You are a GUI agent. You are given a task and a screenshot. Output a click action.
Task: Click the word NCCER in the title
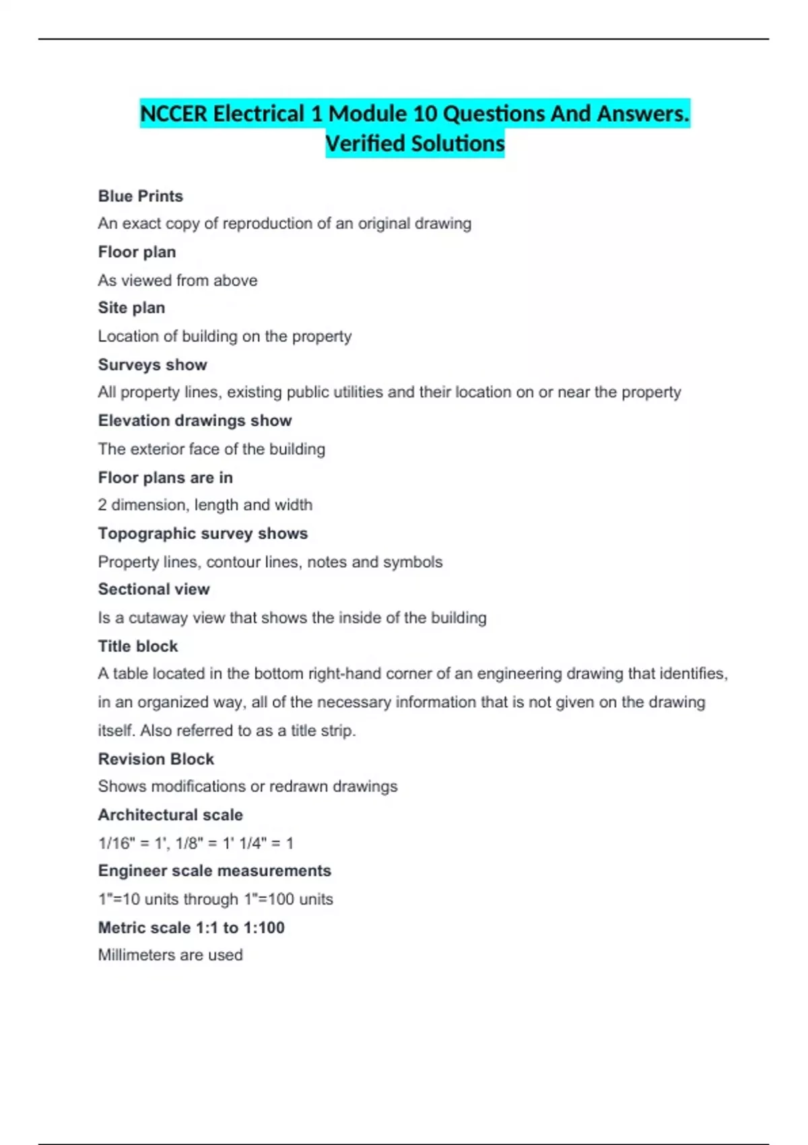[174, 114]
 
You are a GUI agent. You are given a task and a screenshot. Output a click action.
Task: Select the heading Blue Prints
[140, 196]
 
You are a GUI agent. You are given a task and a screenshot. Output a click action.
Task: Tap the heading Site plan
[131, 308]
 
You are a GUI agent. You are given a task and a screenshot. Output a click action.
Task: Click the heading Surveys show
[152, 364]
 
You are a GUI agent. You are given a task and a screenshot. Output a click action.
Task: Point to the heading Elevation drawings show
[195, 420]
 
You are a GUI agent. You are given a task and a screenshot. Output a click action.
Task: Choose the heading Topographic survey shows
[203, 533]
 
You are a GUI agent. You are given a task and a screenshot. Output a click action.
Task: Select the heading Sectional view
[154, 589]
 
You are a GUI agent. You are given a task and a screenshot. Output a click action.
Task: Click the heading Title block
[138, 646]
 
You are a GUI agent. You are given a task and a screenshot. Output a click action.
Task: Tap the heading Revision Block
[156, 759]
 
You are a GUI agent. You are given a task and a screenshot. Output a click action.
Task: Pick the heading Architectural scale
[170, 815]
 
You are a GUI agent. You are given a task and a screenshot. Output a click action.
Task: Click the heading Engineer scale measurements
[214, 871]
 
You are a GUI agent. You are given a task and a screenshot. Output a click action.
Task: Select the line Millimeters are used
[170, 955]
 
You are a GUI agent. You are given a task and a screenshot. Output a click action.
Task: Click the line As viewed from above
[177, 280]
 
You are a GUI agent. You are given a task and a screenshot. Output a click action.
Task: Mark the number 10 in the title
[426, 114]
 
